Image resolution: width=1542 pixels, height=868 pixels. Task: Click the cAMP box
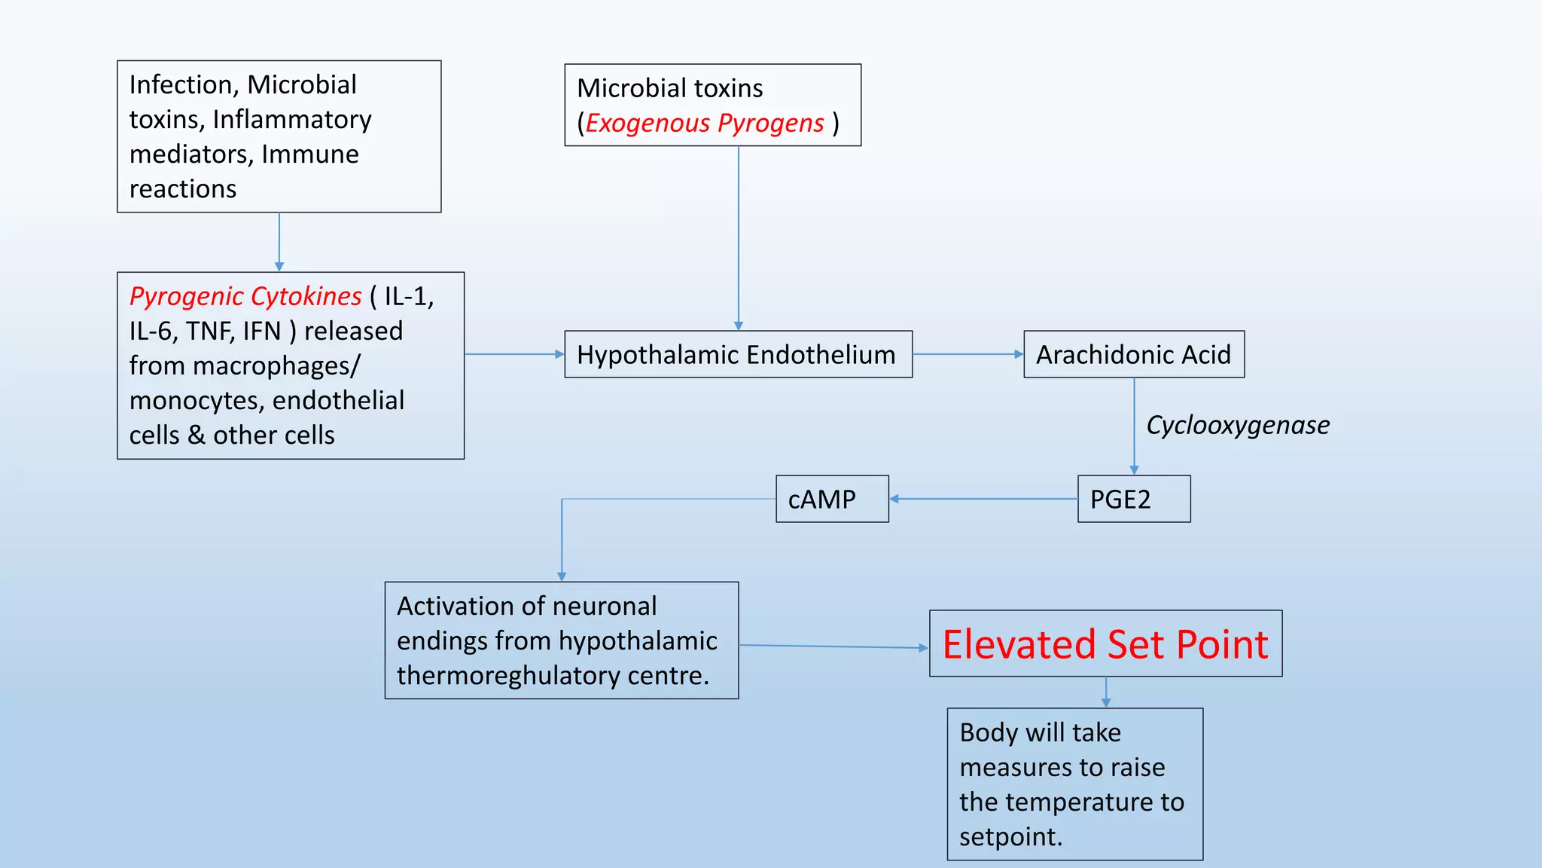[832, 499]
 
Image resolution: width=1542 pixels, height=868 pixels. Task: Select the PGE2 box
[1133, 499]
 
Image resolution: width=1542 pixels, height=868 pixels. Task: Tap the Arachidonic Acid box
[1133, 354]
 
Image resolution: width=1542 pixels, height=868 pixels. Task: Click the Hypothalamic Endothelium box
[738, 354]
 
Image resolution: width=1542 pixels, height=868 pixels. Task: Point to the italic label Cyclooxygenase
[1237, 425]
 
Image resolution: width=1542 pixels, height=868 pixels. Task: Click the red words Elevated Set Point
[1105, 644]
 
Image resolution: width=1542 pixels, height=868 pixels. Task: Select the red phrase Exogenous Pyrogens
[705, 123]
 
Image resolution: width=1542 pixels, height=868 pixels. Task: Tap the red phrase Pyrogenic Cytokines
[245, 296]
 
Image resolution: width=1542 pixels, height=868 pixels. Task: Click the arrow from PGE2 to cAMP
[983, 499]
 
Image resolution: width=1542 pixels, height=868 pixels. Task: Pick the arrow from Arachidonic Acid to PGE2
[1134, 426]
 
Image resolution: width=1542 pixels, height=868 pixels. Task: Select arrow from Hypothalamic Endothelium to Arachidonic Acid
[968, 354]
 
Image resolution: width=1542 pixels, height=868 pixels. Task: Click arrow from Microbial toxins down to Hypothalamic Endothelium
[739, 237]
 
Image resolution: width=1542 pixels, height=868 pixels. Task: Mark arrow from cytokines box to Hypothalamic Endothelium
[514, 354]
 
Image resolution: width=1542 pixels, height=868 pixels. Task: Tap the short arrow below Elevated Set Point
[1105, 692]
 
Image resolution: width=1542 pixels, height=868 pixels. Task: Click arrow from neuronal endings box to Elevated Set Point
[833, 646]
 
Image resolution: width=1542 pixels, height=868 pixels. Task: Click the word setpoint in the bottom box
[1010, 837]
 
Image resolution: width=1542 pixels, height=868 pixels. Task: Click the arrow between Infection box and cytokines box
[279, 242]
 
